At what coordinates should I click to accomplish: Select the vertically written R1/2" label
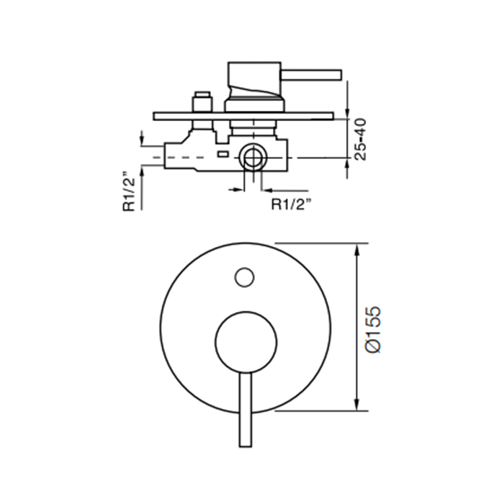[x=130, y=191]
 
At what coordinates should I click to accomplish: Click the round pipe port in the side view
[x=253, y=156]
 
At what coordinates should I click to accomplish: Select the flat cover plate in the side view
[x=244, y=115]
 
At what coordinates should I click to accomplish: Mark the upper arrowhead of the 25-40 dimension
[x=348, y=109]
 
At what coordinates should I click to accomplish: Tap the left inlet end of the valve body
[x=167, y=156]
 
